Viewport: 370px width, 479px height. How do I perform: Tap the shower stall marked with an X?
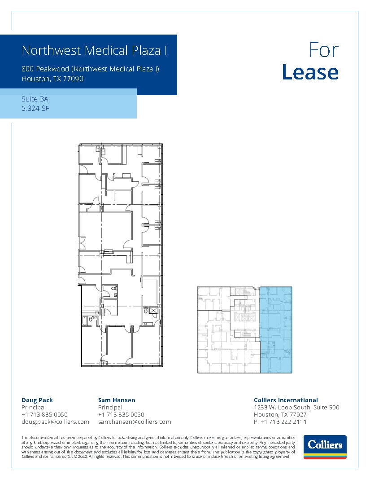coord(153,310)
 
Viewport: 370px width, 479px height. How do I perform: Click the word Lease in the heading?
coord(310,72)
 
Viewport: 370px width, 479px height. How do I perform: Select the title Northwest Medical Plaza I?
coord(94,50)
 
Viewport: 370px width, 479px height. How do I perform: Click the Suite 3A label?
coord(35,99)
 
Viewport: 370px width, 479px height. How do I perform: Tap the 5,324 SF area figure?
coord(35,108)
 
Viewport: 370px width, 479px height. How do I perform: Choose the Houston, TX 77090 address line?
coord(52,79)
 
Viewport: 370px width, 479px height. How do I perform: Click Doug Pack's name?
coord(37,400)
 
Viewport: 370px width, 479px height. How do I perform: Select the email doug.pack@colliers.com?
coord(55,422)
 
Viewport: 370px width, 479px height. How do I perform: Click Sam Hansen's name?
coord(116,400)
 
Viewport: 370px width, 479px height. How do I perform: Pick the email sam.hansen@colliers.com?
coord(135,422)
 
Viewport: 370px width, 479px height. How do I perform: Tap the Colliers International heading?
coord(286,400)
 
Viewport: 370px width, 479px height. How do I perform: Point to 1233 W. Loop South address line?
coord(296,407)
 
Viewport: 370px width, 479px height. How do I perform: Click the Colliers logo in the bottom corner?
coord(325,447)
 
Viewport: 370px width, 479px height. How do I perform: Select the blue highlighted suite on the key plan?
coord(276,330)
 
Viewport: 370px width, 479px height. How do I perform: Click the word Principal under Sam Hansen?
coord(110,407)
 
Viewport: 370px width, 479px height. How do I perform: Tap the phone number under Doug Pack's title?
coord(44,414)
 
